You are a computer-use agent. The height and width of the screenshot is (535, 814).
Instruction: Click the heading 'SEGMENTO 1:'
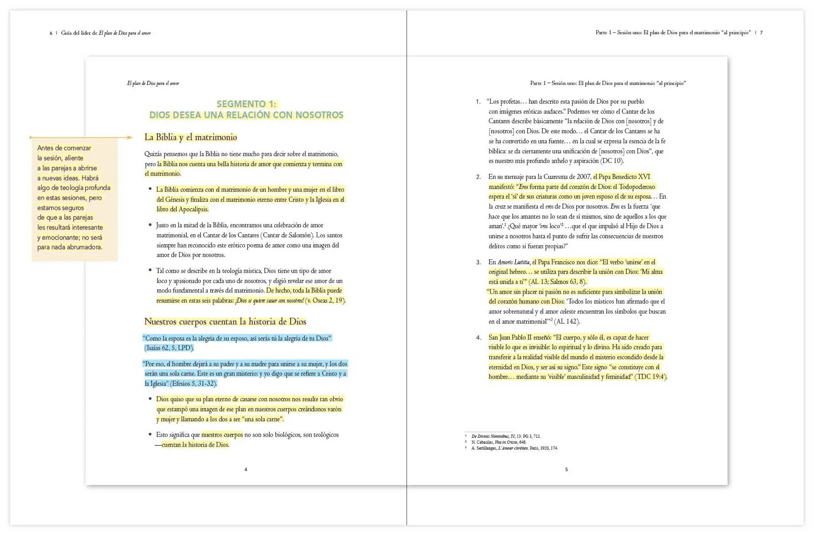pyautogui.click(x=246, y=104)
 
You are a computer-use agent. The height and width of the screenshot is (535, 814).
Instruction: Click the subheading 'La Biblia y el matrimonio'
pyautogui.click(x=191, y=137)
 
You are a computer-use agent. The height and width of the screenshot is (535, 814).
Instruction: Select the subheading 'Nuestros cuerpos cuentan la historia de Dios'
pyautogui.click(x=225, y=322)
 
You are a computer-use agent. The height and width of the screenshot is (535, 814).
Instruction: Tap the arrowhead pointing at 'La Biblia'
pyautogui.click(x=130, y=137)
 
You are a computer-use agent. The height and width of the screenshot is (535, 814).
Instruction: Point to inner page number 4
pyautogui.click(x=246, y=469)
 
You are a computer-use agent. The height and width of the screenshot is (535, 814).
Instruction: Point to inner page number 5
pyautogui.click(x=567, y=469)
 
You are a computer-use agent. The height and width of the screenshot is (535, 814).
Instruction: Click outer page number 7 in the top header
pyautogui.click(x=761, y=33)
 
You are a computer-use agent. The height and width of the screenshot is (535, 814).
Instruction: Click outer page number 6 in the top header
pyautogui.click(x=51, y=33)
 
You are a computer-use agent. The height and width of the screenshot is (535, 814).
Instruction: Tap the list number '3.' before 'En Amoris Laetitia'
pyautogui.click(x=478, y=262)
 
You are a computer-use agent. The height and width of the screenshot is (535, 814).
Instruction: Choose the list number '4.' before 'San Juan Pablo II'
pyautogui.click(x=478, y=338)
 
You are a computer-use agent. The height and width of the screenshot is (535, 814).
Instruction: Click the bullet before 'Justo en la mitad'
pyautogui.click(x=150, y=225)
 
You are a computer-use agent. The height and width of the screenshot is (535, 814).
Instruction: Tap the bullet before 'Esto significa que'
pyautogui.click(x=150, y=434)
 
